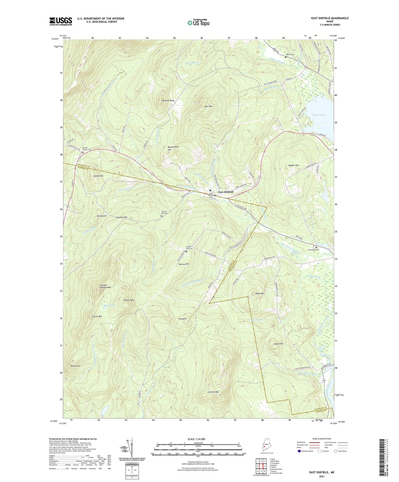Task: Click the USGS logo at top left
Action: (x=61, y=21)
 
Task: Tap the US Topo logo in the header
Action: (x=198, y=23)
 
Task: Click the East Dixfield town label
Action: (x=226, y=192)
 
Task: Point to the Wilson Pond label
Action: (x=319, y=115)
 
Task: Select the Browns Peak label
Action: (x=168, y=100)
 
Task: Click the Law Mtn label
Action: (x=208, y=106)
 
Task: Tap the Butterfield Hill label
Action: (x=173, y=148)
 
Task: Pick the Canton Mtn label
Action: (x=213, y=392)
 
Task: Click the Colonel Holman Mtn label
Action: (x=105, y=286)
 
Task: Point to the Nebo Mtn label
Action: (x=260, y=294)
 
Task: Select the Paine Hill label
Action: (x=279, y=344)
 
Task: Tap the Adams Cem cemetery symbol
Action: (x=286, y=57)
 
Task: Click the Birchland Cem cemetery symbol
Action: (x=316, y=247)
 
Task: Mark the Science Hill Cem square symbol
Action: (x=161, y=216)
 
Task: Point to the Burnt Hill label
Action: (x=76, y=366)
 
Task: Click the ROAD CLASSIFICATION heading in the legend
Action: (x=322, y=439)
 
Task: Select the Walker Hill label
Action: (x=294, y=165)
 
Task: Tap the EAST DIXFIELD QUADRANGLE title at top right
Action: (x=330, y=18)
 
